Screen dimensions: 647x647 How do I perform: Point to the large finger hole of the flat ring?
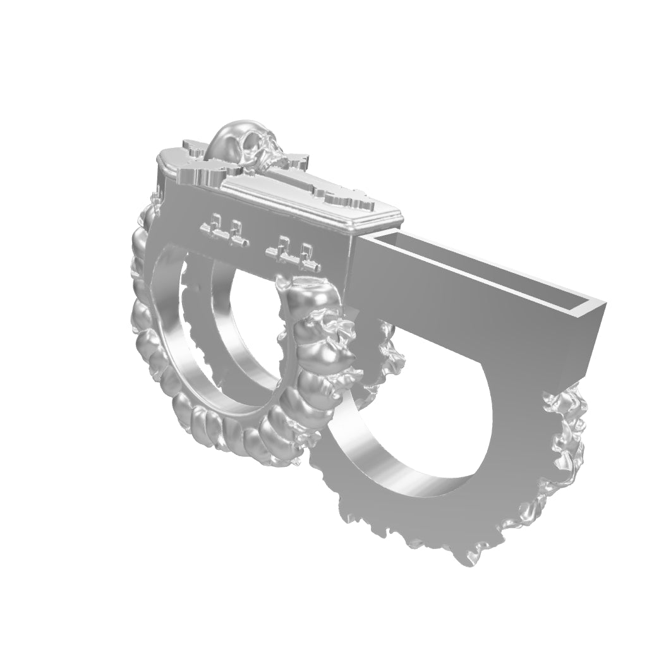[417, 417]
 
